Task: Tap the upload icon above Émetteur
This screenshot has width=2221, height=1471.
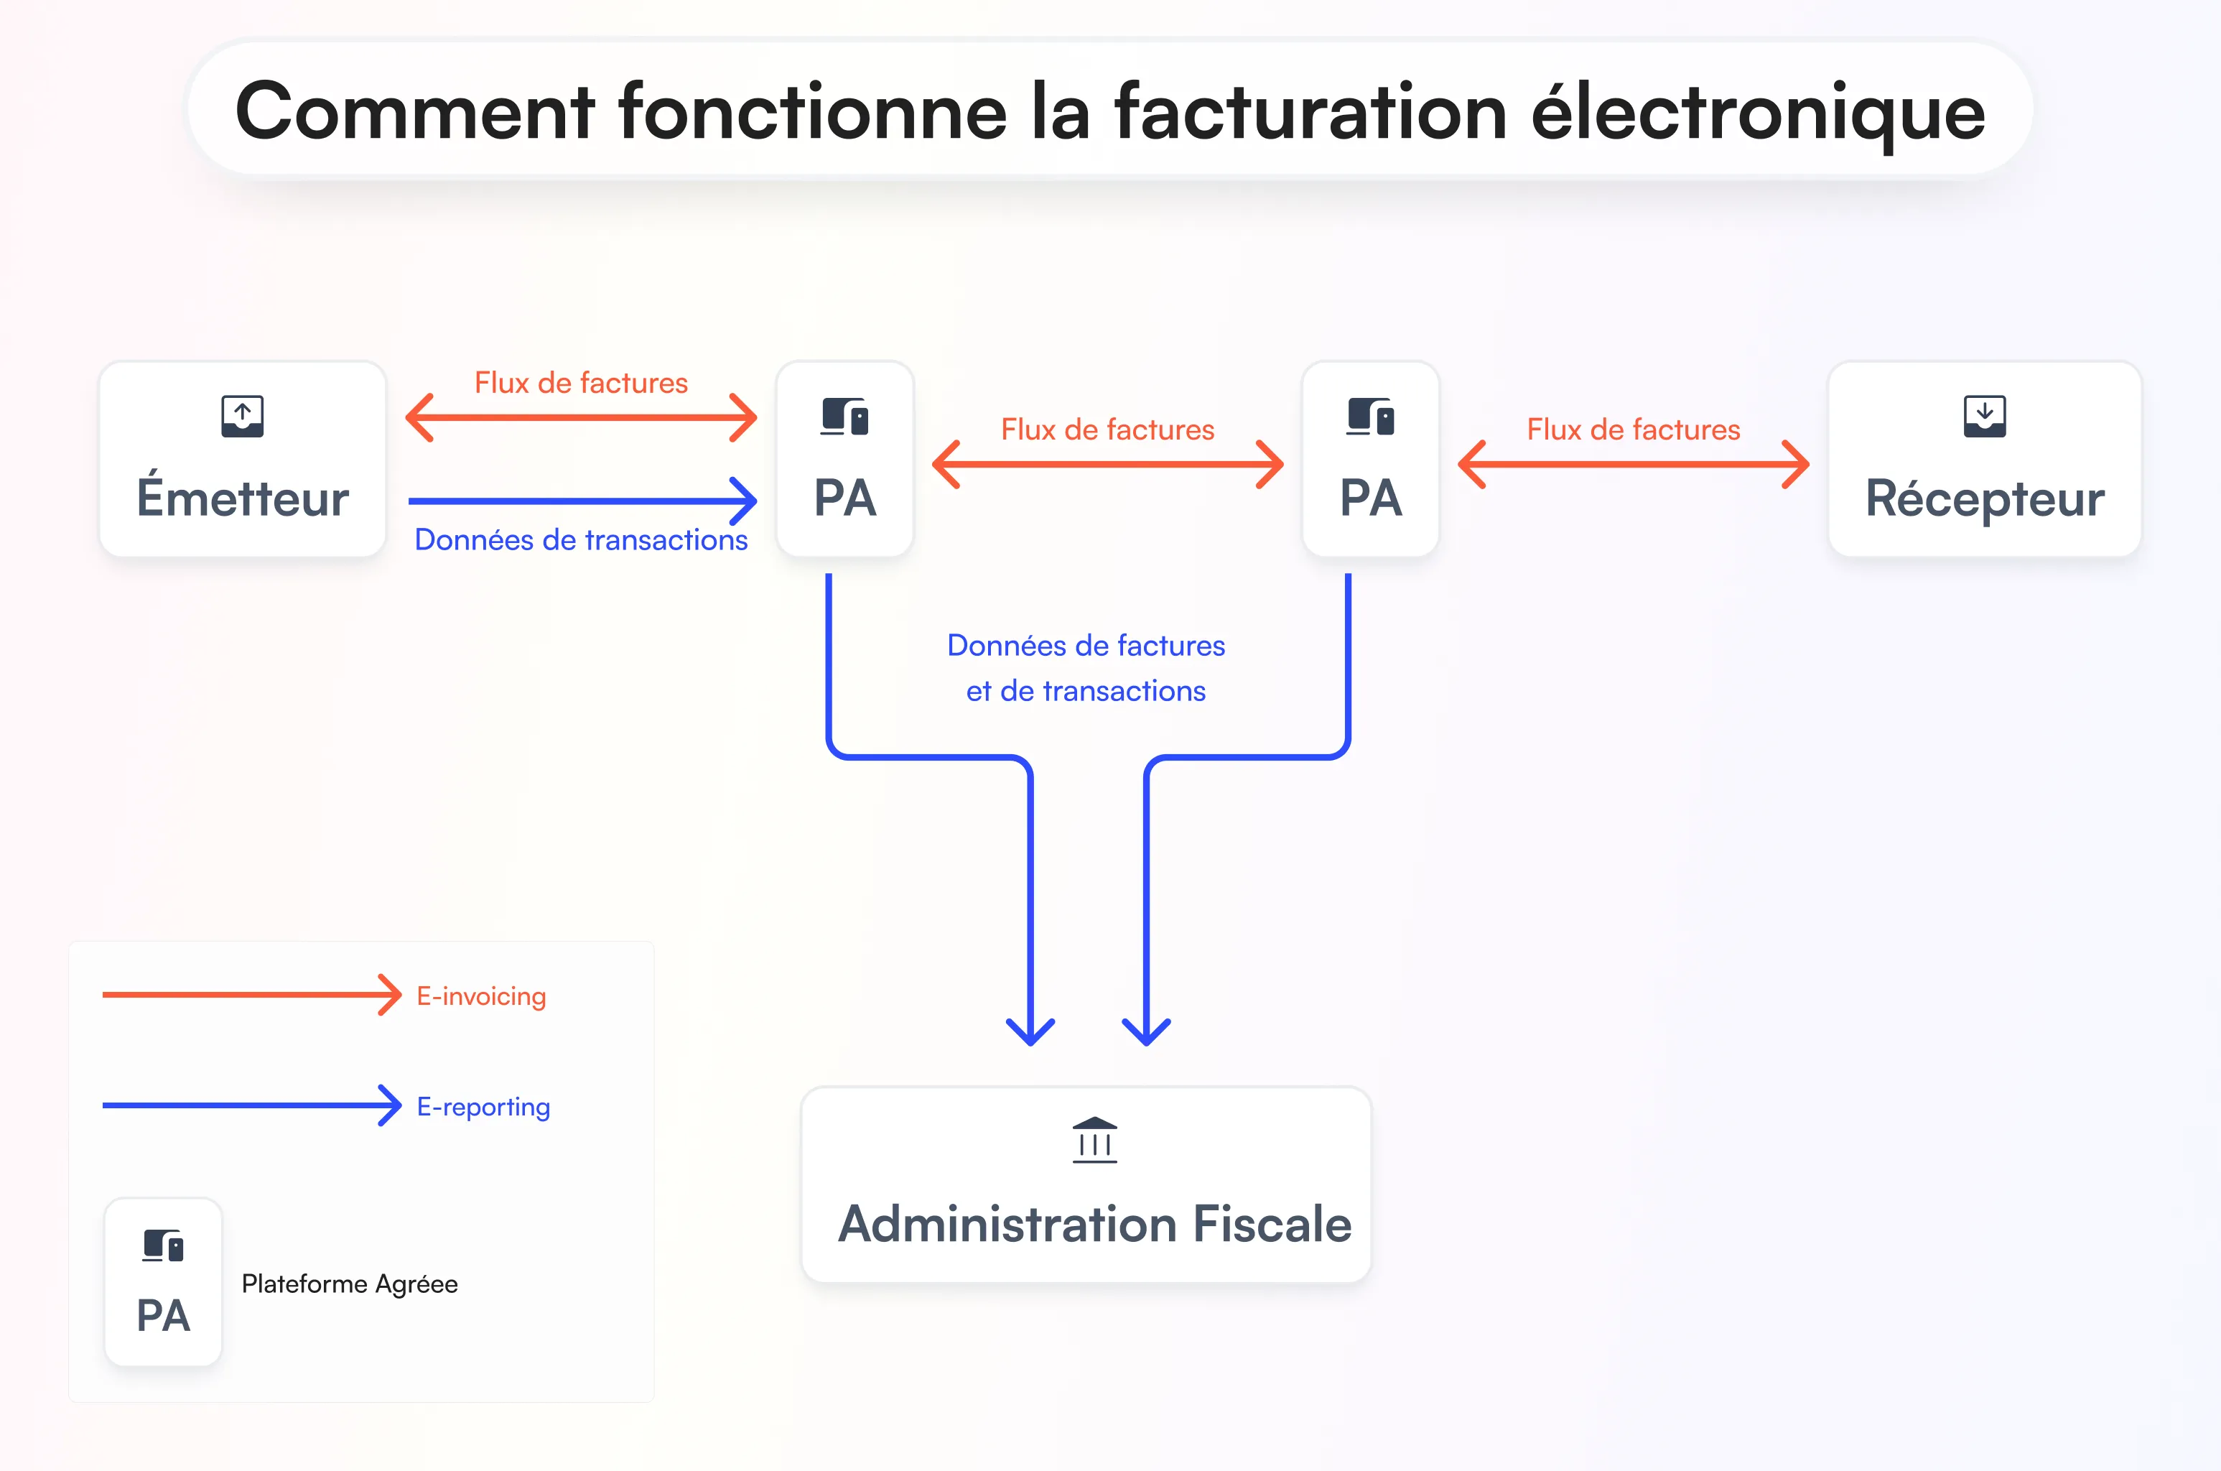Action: (x=242, y=416)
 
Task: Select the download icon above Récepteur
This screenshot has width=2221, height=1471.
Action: (x=1984, y=416)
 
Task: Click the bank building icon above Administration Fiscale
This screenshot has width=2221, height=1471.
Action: (x=1094, y=1140)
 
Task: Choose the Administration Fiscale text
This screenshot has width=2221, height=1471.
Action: (x=1094, y=1224)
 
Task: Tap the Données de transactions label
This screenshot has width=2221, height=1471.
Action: (x=581, y=540)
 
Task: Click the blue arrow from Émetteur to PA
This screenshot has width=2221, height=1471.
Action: (x=582, y=501)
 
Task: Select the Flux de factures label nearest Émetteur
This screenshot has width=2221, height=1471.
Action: (x=581, y=383)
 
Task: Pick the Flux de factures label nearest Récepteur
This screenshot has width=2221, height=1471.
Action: (x=1633, y=430)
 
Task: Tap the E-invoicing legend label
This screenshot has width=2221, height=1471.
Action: (x=481, y=996)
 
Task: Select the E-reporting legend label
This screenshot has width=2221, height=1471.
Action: (x=483, y=1107)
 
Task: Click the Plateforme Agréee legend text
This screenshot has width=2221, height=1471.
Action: (x=350, y=1284)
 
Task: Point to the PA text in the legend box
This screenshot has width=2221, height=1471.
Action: (x=163, y=1315)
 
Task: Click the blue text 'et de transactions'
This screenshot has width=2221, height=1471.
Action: (x=1086, y=692)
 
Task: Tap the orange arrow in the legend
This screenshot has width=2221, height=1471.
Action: (x=251, y=994)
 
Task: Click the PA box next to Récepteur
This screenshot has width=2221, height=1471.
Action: (x=1370, y=460)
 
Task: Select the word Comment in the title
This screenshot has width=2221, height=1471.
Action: (x=414, y=113)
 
